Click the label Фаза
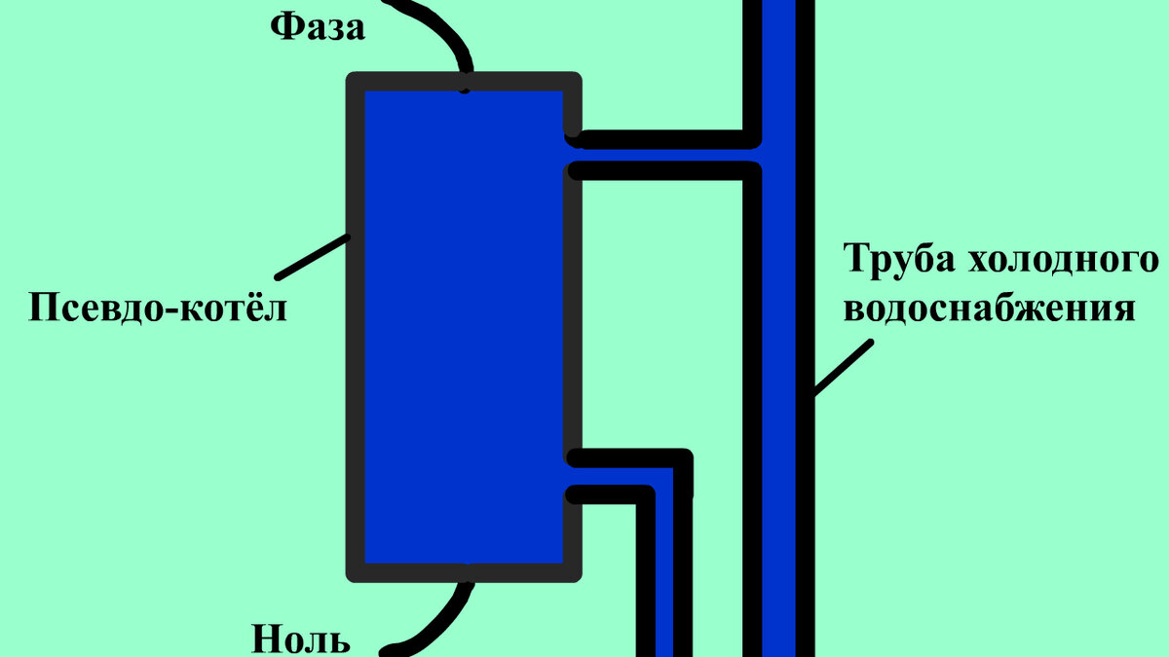(318, 27)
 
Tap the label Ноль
(300, 640)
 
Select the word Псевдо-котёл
(158, 309)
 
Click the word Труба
(896, 261)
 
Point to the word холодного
(1063, 261)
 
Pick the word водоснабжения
(990, 310)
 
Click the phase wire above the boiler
(444, 34)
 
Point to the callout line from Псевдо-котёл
(312, 255)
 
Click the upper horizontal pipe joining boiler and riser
(662, 154)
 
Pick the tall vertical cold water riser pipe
(779, 389)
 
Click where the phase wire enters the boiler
(466, 84)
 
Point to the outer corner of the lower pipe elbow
(686, 457)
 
